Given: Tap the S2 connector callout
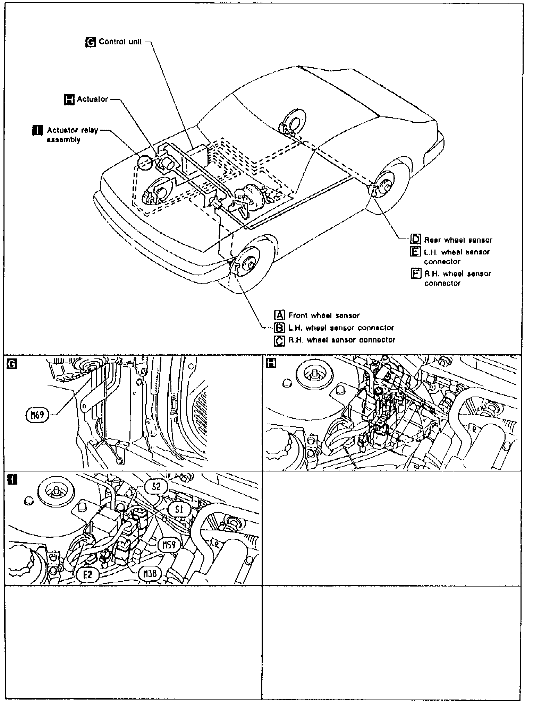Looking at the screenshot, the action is click(x=156, y=487).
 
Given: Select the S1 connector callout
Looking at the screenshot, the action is click(x=180, y=510).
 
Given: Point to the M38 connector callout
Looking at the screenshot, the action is click(x=150, y=574).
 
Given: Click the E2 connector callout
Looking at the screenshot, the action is click(x=88, y=575).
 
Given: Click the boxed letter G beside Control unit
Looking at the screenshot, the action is click(x=90, y=42).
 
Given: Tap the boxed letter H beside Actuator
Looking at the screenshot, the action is click(x=69, y=99).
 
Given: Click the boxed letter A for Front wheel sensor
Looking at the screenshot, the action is click(x=279, y=315).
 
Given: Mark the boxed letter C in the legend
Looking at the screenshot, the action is click(x=279, y=340).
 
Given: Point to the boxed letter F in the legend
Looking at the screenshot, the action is click(x=415, y=274).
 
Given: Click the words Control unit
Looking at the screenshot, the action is click(x=120, y=42).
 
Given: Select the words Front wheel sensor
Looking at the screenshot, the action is click(x=324, y=315).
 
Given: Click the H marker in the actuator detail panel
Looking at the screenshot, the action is click(x=271, y=363).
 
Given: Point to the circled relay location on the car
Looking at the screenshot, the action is click(x=145, y=163).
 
